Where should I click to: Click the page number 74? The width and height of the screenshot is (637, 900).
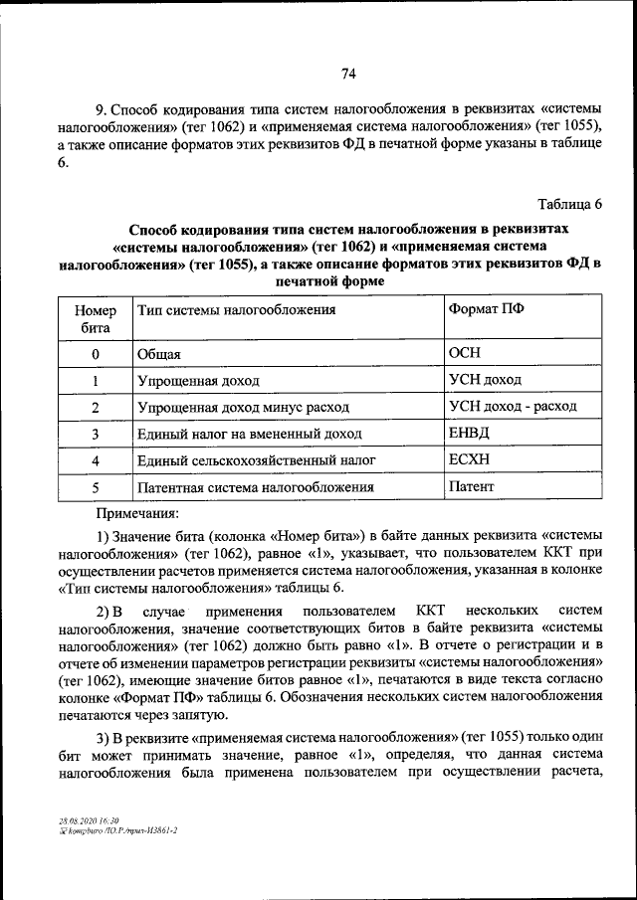348,73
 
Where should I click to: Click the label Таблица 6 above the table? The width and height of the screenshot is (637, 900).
570,206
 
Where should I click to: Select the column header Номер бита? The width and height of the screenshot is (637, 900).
96,318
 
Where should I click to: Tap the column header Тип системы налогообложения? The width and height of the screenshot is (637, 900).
237,310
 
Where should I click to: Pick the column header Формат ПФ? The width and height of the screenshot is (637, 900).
487,309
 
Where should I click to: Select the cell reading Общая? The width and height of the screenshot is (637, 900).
159,354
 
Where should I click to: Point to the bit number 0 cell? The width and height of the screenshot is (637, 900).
96,354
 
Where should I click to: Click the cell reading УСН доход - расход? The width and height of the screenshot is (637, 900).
513,407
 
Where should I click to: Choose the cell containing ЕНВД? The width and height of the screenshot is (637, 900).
470,434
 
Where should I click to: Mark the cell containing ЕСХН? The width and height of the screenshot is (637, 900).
470,460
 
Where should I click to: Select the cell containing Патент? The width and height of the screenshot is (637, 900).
472,487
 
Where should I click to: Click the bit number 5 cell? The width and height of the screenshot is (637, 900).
96,487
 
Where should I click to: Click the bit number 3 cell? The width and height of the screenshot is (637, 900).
96,435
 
